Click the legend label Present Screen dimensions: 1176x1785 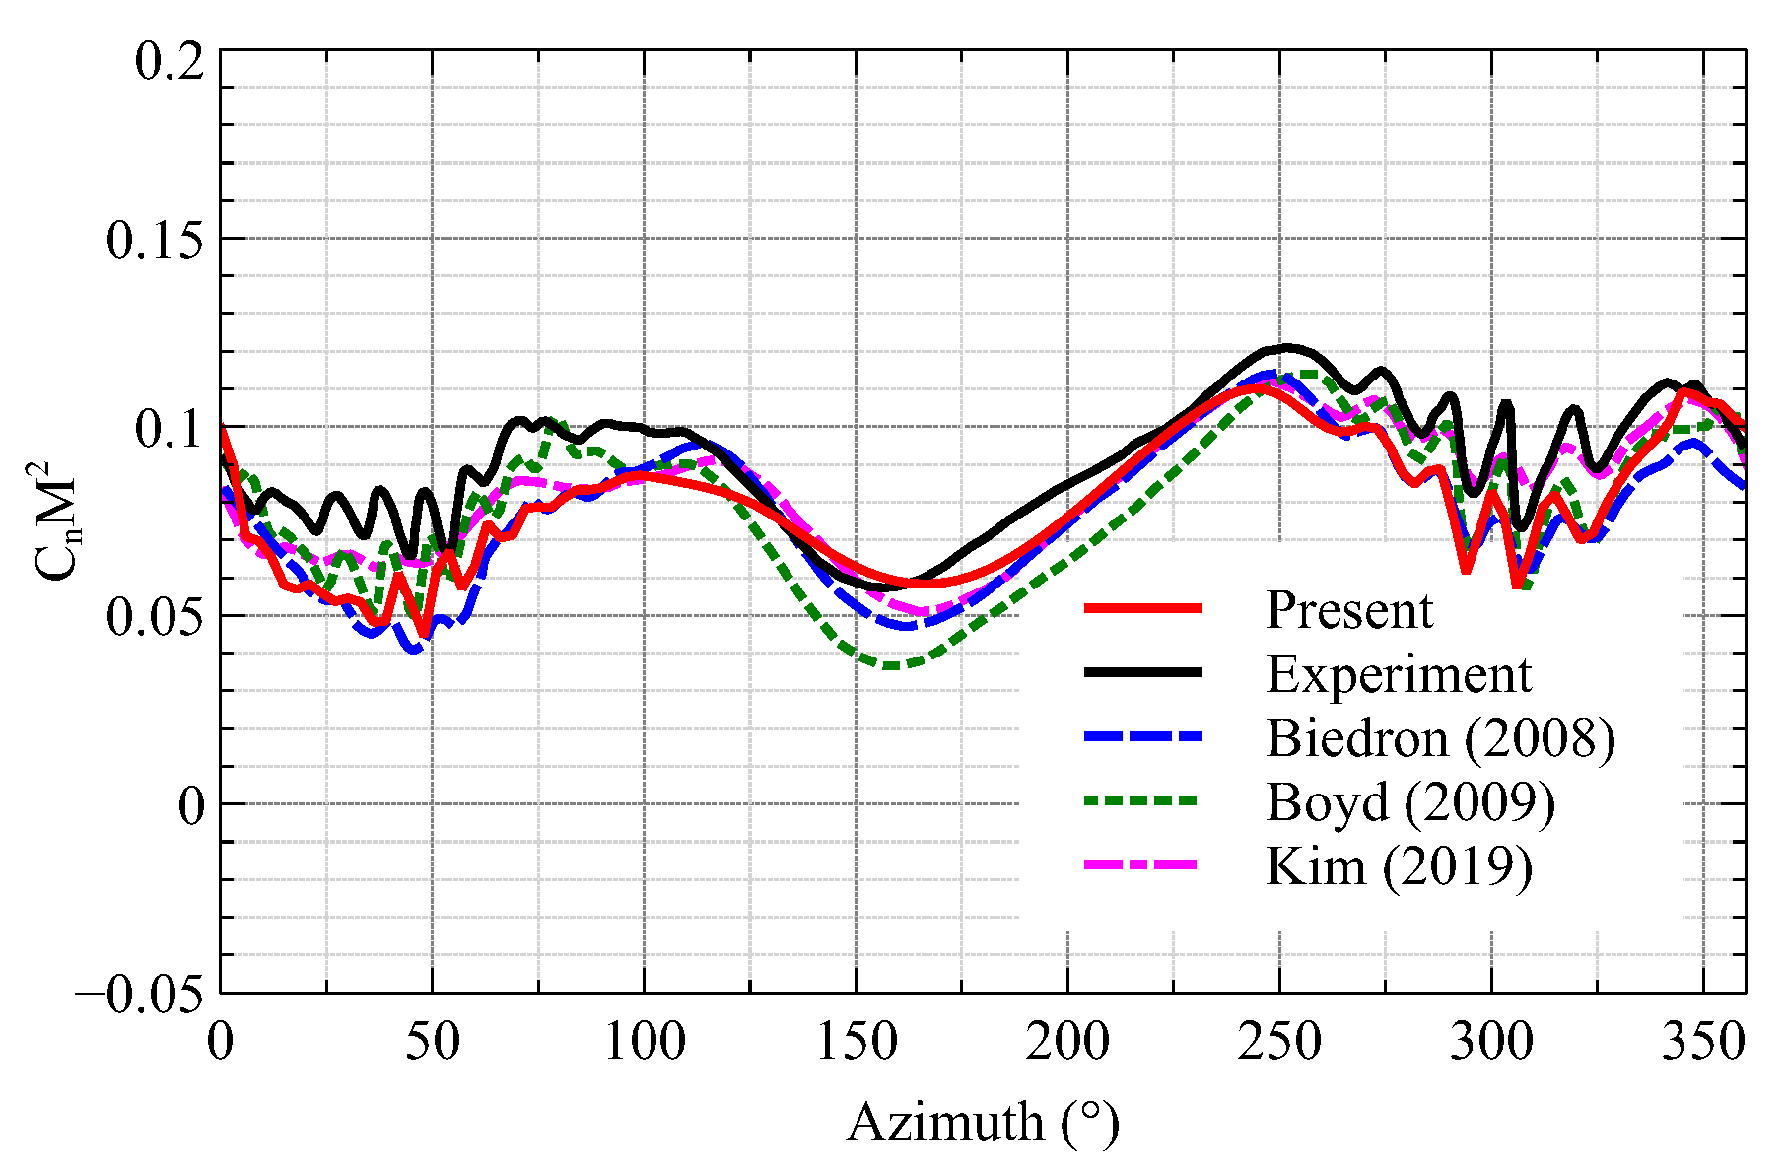1348,610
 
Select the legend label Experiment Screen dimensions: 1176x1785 1398,674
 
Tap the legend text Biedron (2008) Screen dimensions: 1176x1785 1440,738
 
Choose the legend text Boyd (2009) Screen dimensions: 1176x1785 1410,802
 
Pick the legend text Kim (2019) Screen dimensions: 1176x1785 1399,866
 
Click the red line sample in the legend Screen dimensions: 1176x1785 1143,608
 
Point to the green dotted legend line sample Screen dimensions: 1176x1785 1143,800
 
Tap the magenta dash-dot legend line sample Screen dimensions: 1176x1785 1143,865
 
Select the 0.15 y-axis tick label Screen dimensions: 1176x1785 156,240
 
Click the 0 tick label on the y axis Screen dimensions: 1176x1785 191,806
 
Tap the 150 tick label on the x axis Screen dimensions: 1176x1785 856,1042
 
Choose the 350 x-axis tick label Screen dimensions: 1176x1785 1703,1042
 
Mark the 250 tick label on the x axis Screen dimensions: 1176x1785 1279,1042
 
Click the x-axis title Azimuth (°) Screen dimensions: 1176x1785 983,1122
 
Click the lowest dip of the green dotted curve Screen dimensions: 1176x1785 891,666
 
